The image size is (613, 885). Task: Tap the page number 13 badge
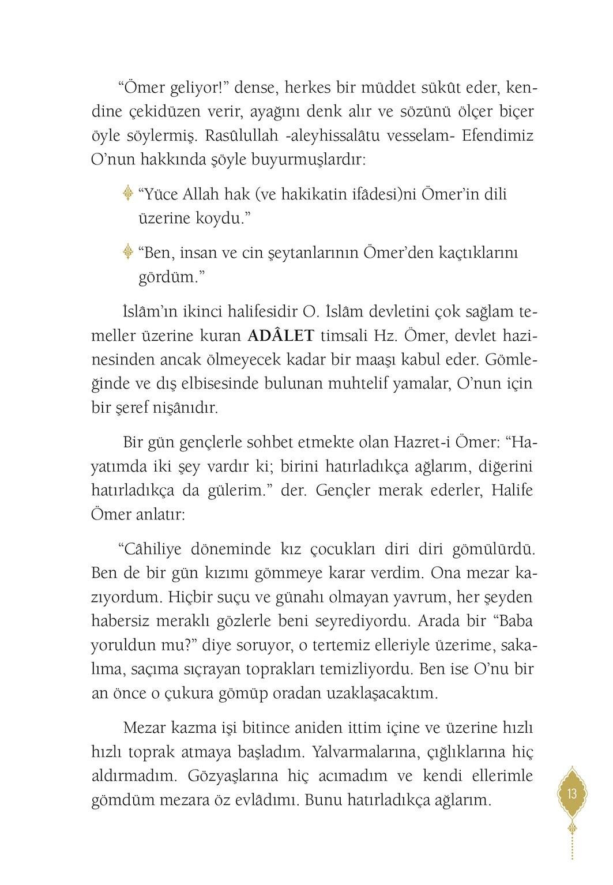(x=571, y=794)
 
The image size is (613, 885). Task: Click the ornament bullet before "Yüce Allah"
(x=128, y=194)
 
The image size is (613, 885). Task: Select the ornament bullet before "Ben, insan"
(x=128, y=253)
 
